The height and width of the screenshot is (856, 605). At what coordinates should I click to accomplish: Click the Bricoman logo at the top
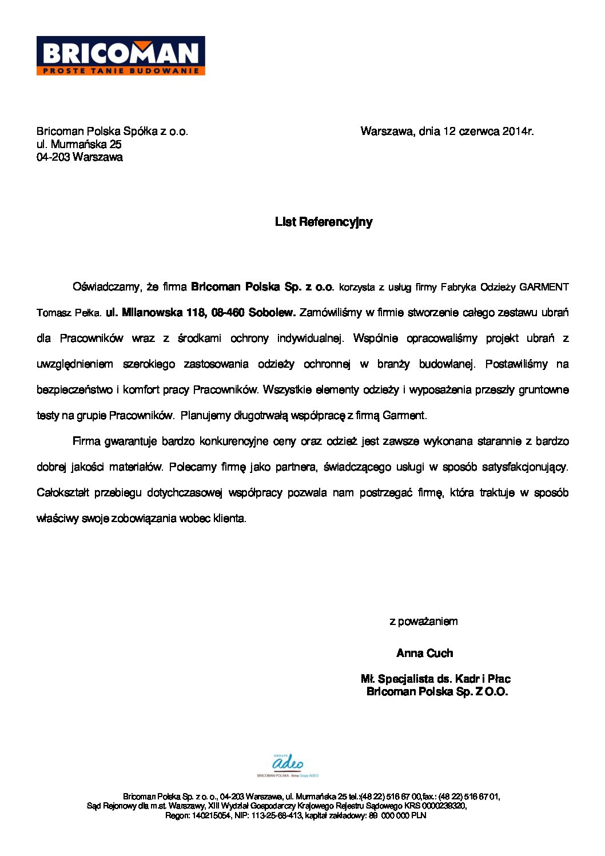click(121, 53)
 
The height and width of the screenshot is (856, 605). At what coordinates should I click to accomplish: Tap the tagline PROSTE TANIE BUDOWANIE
click(121, 71)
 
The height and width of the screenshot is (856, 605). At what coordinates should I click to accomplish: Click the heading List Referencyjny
click(324, 222)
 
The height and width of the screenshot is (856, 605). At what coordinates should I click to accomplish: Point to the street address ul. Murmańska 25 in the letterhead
click(79, 144)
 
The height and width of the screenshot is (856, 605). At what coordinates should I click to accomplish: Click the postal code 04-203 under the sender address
click(53, 157)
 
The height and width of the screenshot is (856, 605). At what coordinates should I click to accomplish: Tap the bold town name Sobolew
click(272, 313)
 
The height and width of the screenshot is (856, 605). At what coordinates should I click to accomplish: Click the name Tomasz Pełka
click(69, 313)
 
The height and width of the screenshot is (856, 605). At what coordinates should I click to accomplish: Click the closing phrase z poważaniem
click(423, 622)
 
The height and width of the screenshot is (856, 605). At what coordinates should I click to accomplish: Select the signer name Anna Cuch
click(424, 653)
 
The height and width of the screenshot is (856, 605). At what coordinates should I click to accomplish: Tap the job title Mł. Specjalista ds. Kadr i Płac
click(435, 679)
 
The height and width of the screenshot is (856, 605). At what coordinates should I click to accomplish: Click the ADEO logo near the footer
click(288, 763)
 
